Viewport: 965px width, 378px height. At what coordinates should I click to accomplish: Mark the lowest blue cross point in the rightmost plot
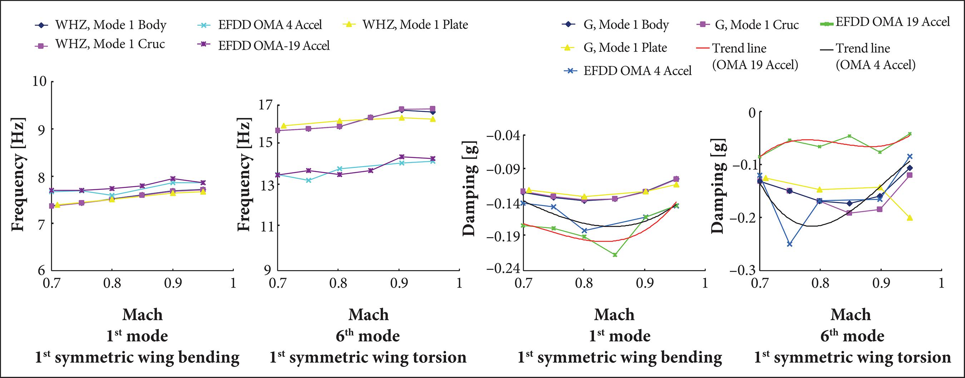pyautogui.click(x=789, y=244)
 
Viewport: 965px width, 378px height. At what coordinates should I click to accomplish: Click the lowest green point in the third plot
pyautogui.click(x=615, y=255)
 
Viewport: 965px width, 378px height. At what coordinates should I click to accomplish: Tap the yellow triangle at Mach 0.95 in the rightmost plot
pyautogui.click(x=910, y=218)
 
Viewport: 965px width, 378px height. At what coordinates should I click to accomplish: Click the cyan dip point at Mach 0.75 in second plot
pyautogui.click(x=308, y=180)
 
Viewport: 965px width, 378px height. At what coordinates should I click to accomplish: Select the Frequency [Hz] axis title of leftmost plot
pyautogui.click(x=18, y=175)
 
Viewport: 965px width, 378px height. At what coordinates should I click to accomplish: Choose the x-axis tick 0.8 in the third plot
pyautogui.click(x=584, y=283)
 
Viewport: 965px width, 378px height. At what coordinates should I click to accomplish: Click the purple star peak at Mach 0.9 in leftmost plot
pyautogui.click(x=173, y=179)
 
